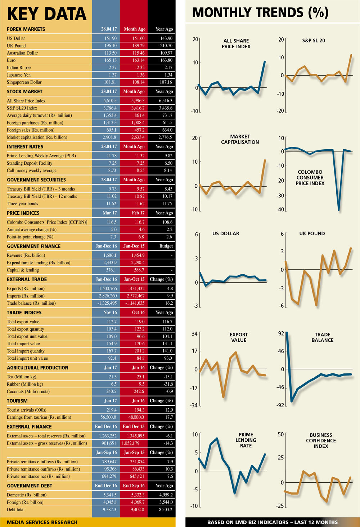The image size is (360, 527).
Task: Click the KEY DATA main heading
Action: tap(47, 14)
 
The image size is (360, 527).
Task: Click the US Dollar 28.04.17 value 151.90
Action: tap(111, 38)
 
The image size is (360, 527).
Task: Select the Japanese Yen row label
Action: tap(19, 75)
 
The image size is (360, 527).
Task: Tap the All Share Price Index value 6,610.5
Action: tap(110, 101)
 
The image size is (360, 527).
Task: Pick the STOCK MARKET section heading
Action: tap(24, 91)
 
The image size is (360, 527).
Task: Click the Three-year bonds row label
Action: tap(22, 204)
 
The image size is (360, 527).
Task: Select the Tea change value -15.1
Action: tap(168, 377)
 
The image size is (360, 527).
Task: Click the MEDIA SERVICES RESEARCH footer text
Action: tap(42, 522)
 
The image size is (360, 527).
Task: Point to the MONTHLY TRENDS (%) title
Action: tap(260, 13)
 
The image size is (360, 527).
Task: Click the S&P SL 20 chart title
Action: tap(313, 41)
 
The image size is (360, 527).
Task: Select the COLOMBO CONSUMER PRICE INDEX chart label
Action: tap(310, 178)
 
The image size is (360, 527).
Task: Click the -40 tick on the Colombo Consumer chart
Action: tap(280, 209)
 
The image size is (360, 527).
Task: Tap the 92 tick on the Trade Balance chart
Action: tap(281, 333)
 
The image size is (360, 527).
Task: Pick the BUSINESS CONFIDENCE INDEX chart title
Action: tap(321, 440)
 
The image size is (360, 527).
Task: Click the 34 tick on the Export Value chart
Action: tap(194, 333)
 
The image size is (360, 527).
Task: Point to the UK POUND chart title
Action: tap(312, 233)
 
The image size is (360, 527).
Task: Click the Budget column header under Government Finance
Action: tap(166, 246)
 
